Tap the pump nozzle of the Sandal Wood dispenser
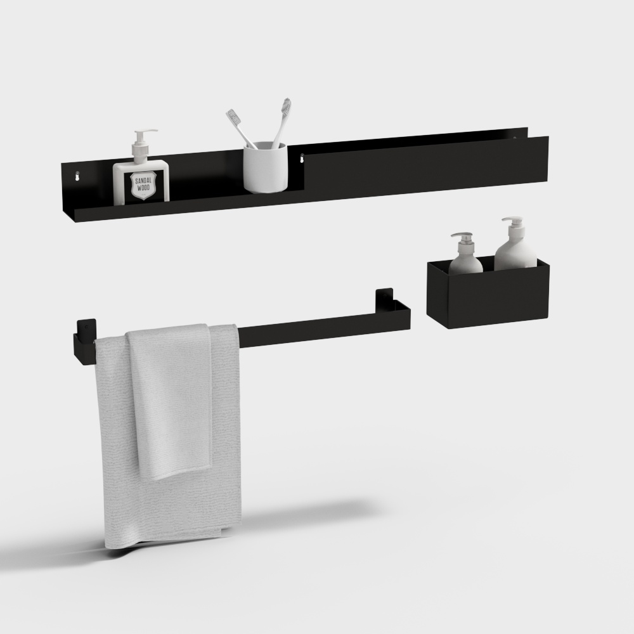[150, 132]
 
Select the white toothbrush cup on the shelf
[266, 168]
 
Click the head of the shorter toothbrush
[233, 117]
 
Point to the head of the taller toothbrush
[286, 105]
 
